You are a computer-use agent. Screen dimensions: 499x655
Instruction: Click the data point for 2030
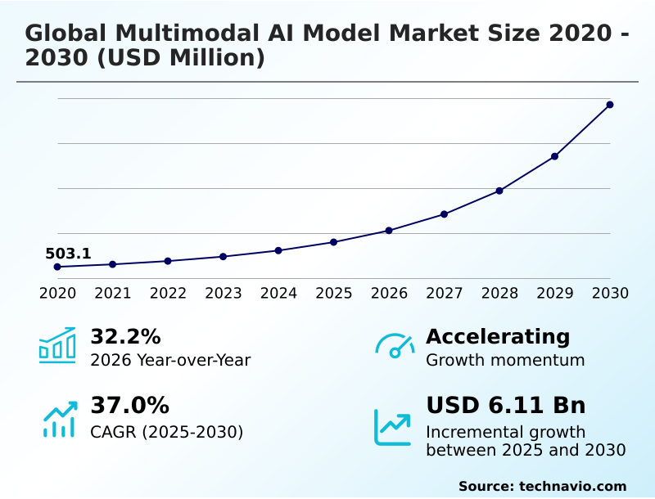click(610, 105)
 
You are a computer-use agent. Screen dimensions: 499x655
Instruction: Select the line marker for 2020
click(57, 267)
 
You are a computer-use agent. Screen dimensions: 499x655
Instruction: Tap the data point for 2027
click(444, 214)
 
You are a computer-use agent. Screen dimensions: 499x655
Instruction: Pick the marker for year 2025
click(333, 242)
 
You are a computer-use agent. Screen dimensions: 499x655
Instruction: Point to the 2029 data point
click(554, 156)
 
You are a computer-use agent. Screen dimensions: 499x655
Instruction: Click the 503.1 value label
click(68, 254)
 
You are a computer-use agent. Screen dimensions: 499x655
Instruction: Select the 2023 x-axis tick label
click(223, 293)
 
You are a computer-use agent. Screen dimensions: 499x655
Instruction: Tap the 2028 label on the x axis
click(499, 293)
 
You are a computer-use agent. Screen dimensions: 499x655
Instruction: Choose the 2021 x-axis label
click(112, 293)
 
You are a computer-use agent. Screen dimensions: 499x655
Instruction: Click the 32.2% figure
click(125, 336)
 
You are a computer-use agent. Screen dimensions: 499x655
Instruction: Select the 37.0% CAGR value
click(129, 405)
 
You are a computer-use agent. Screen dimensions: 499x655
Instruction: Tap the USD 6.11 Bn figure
click(505, 405)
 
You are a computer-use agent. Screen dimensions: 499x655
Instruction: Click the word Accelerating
click(498, 336)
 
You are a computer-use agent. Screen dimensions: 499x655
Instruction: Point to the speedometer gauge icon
click(395, 346)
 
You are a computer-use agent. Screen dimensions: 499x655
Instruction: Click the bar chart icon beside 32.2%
click(57, 346)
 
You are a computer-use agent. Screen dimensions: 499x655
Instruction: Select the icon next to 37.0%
click(60, 419)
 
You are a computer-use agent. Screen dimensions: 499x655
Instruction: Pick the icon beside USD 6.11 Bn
click(393, 427)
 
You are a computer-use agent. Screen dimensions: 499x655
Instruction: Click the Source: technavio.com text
click(542, 486)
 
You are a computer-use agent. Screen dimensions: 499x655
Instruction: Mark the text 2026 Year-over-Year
click(170, 360)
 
